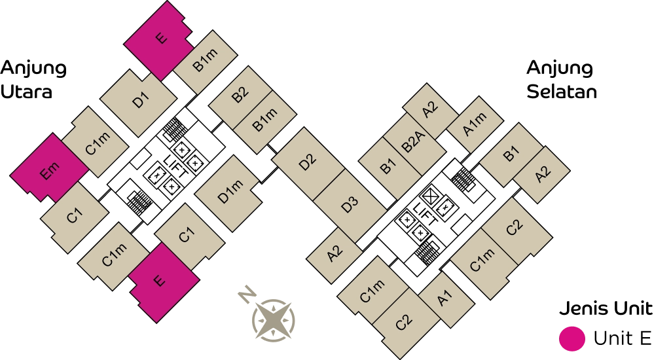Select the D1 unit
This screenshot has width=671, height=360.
pyautogui.click(x=139, y=101)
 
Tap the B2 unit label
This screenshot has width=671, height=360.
pyautogui.click(x=240, y=94)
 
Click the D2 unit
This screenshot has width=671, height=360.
pyautogui.click(x=308, y=162)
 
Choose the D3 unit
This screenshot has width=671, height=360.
pyautogui.click(x=350, y=204)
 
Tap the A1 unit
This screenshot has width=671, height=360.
pyautogui.click(x=445, y=299)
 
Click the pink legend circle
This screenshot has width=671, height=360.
pyautogui.click(x=571, y=338)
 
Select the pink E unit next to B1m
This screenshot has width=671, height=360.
pyautogui.click(x=159, y=39)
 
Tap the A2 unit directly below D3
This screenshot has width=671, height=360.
pyautogui.click(x=335, y=253)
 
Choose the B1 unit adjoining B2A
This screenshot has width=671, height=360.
pyautogui.click(x=388, y=167)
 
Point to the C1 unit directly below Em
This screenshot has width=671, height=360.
pyautogui.click(x=74, y=217)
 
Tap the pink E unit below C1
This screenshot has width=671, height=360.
pyautogui.click(x=159, y=281)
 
